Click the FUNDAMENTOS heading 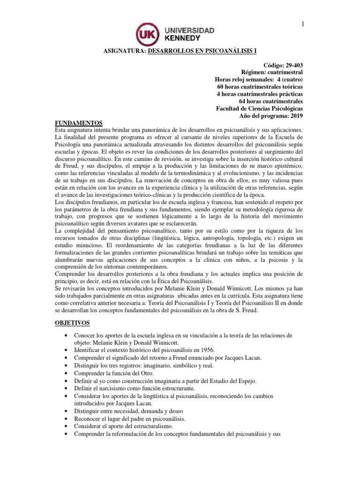point(78,123)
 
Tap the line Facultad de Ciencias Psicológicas point(259,108)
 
